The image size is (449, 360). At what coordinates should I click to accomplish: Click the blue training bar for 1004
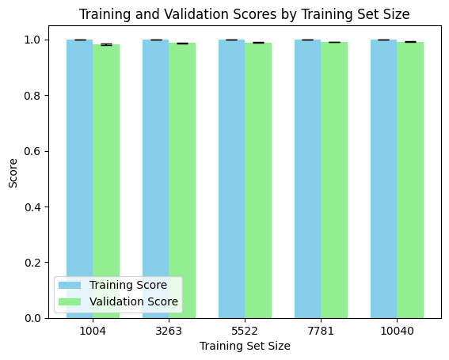point(80,179)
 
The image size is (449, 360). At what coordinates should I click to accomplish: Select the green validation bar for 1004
point(106,181)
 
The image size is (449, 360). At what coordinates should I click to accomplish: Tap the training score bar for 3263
point(155,179)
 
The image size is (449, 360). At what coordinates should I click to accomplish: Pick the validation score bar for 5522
point(258,180)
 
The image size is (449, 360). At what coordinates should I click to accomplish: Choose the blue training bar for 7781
point(307,179)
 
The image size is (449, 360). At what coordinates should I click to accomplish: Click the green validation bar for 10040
point(410,180)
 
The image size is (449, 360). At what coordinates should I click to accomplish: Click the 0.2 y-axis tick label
point(32,263)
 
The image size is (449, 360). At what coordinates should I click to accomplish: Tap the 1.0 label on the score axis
point(32,40)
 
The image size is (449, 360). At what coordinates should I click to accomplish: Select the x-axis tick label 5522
point(245,331)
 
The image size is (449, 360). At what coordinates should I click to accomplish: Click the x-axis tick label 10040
point(397,331)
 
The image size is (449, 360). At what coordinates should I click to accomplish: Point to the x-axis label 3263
point(169,331)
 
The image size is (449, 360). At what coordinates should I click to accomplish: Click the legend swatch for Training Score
point(70,285)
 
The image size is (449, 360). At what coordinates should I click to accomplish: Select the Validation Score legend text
point(134,301)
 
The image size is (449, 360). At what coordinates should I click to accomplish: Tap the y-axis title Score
point(13,173)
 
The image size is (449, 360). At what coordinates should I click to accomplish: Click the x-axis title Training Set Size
point(245,346)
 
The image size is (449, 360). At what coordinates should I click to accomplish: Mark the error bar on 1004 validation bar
point(106,44)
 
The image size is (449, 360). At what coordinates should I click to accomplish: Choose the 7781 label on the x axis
point(321,331)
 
